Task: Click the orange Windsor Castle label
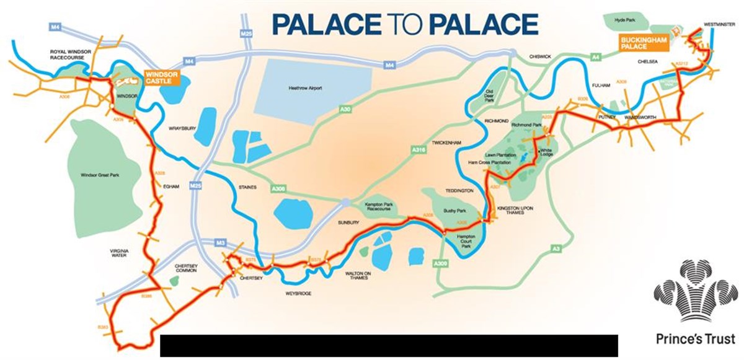click(161, 77)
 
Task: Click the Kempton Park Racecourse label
click(377, 209)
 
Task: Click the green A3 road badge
click(557, 249)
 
